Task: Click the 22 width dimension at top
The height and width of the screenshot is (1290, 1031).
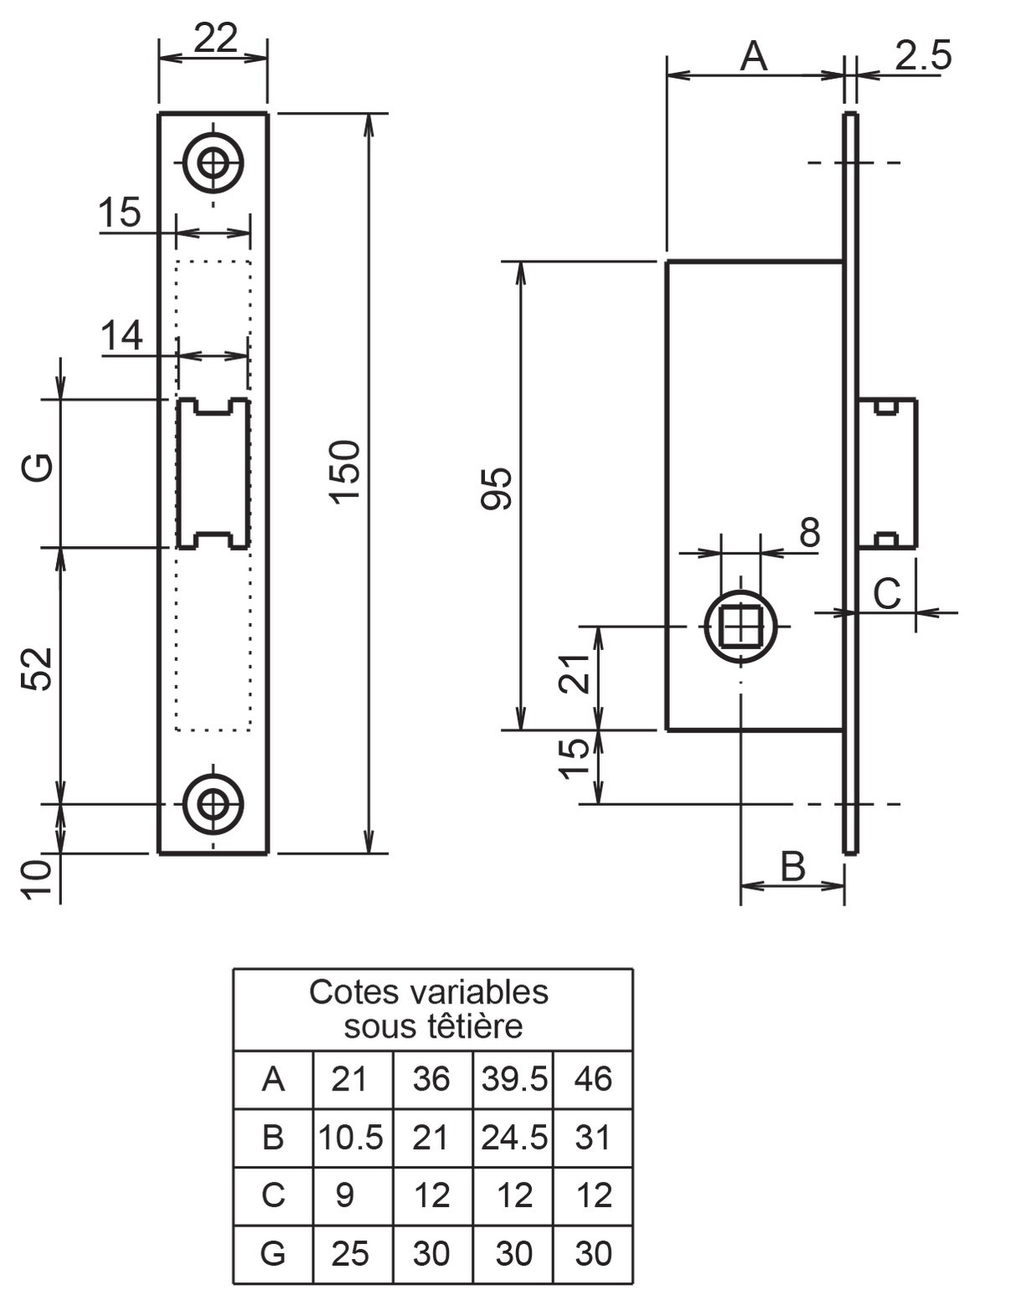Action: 216,39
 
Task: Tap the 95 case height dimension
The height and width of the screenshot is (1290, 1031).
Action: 497,488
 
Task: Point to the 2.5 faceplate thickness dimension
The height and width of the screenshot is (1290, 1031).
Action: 924,55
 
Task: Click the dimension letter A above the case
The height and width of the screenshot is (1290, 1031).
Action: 754,57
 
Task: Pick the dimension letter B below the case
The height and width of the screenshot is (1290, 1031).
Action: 793,865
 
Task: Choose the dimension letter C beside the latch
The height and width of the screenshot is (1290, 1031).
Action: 887,593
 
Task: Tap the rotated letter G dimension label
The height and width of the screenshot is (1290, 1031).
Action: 37,467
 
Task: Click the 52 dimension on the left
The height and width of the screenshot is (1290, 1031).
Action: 37,668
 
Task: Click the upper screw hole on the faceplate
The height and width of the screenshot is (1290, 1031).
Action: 213,163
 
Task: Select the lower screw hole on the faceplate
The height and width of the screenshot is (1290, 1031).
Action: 213,804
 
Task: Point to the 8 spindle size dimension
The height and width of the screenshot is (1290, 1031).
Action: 809,531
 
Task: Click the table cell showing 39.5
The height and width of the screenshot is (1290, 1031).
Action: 514,1079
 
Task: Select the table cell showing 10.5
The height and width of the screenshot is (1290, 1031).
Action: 351,1138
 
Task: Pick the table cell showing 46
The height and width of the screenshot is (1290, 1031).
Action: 593,1079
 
